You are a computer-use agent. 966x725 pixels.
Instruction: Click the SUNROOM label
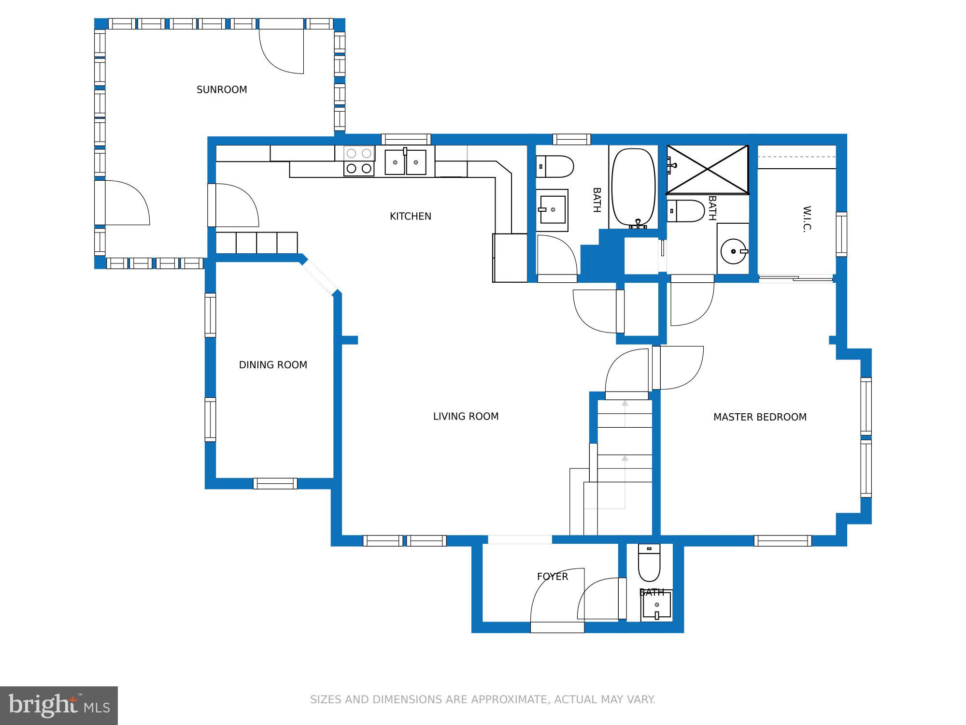pyautogui.click(x=222, y=89)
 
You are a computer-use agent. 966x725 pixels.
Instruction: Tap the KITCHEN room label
pyautogui.click(x=410, y=216)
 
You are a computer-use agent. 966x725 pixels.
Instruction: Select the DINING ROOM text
pyautogui.click(x=273, y=365)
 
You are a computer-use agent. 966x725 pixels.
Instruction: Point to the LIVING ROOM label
pyautogui.click(x=466, y=416)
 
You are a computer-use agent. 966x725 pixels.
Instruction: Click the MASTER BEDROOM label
pyautogui.click(x=760, y=417)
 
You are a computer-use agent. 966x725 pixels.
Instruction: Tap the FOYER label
pyautogui.click(x=552, y=577)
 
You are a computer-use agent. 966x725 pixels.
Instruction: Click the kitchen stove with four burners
pyautogui.click(x=359, y=161)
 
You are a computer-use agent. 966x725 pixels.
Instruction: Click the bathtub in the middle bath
pyautogui.click(x=633, y=188)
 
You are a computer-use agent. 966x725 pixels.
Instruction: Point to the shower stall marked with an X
pyautogui.click(x=708, y=169)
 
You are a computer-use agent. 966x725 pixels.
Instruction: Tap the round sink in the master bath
pyautogui.click(x=733, y=251)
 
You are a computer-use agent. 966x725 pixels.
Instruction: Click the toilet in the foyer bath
pyautogui.click(x=649, y=563)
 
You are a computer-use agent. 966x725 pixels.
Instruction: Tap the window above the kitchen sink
pyautogui.click(x=406, y=139)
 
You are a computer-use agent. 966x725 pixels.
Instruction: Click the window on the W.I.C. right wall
pyautogui.click(x=841, y=234)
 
